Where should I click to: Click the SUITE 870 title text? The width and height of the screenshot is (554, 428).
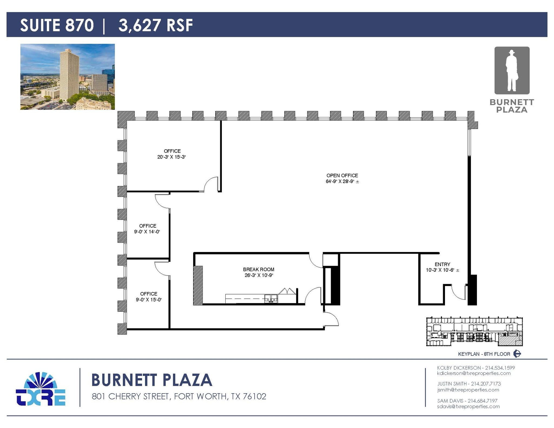pos(57,25)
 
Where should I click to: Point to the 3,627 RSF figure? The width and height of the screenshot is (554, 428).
pos(156,25)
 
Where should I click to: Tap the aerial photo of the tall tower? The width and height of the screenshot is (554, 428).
pos(67,77)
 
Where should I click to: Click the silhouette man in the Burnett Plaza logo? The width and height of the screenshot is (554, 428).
pos(512,71)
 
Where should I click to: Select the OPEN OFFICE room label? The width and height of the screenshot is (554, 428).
pos(342,175)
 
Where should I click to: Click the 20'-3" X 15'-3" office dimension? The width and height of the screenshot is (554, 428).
pos(172,157)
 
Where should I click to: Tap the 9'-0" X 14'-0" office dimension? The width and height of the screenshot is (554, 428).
pos(147,232)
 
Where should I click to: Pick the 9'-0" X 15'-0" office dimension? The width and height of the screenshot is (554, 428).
pos(149,300)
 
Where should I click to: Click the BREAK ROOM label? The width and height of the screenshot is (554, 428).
pos(259,269)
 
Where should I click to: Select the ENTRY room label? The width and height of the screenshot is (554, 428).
pos(442,264)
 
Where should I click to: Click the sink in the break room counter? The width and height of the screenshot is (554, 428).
pos(271,298)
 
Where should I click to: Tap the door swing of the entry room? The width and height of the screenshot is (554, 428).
pos(459,293)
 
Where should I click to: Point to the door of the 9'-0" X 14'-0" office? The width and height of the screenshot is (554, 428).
pos(162,201)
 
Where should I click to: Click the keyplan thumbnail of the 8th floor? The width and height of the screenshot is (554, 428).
pos(474,331)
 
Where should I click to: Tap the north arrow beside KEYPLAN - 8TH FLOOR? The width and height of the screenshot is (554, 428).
pos(517,354)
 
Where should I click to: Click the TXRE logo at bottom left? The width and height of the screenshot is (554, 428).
pos(41,389)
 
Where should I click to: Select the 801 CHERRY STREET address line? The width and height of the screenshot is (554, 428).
pos(179,396)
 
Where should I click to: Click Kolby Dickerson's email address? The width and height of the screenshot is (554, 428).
pos(474,373)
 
